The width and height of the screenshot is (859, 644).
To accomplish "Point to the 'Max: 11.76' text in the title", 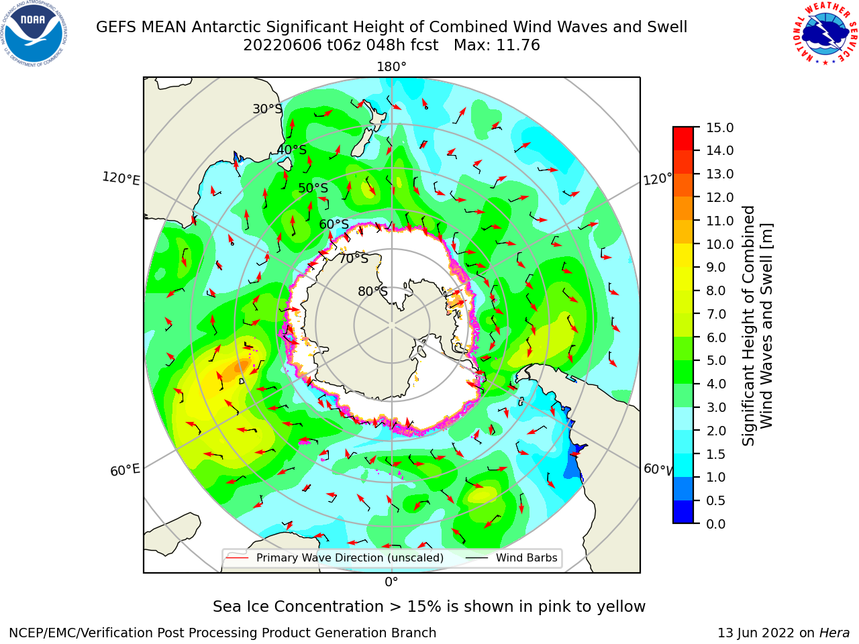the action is coord(497,46).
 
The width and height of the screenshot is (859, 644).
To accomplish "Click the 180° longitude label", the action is coord(391,67).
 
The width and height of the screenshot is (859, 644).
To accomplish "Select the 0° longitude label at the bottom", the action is coord(391,582).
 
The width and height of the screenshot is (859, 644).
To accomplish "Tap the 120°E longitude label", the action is coord(121,178).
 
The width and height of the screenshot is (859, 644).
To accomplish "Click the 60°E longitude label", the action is coord(125,470).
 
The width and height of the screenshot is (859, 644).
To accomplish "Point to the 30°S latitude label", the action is coord(267,109).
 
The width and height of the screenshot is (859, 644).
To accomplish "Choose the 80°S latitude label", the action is coord(372,291).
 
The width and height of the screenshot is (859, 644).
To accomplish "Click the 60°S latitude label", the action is coord(334,224).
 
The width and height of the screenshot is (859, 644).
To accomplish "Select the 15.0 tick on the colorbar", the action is coord(719,127).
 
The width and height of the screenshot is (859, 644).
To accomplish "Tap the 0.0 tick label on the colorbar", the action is coord(716,524).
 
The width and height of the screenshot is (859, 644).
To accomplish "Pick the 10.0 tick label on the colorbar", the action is coord(719,244).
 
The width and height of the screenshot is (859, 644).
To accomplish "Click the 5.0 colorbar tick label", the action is coord(716,360).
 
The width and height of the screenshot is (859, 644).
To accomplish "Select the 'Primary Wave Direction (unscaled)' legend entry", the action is coord(336,557).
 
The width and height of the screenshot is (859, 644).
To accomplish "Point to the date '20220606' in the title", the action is coord(282,46).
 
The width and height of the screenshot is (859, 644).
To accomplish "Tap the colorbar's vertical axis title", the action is coord(757,326).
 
